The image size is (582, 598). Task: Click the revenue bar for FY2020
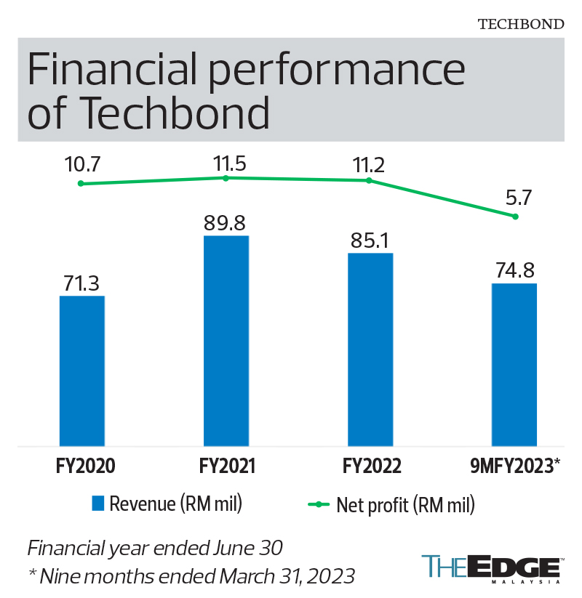point(81,371)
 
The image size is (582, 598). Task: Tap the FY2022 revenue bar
point(370,349)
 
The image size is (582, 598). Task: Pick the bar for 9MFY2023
point(514,364)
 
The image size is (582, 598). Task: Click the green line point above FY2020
point(81,184)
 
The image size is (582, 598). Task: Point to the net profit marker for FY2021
point(226,178)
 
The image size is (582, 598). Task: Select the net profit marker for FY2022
point(370,180)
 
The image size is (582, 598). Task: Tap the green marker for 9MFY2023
point(515,217)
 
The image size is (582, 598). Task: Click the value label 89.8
point(226,222)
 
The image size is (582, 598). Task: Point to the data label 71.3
point(81,282)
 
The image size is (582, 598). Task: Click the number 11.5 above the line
point(226,163)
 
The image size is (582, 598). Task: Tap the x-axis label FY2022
point(370,466)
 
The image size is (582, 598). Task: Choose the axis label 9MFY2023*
point(514,466)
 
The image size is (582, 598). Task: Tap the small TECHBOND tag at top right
point(520,23)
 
